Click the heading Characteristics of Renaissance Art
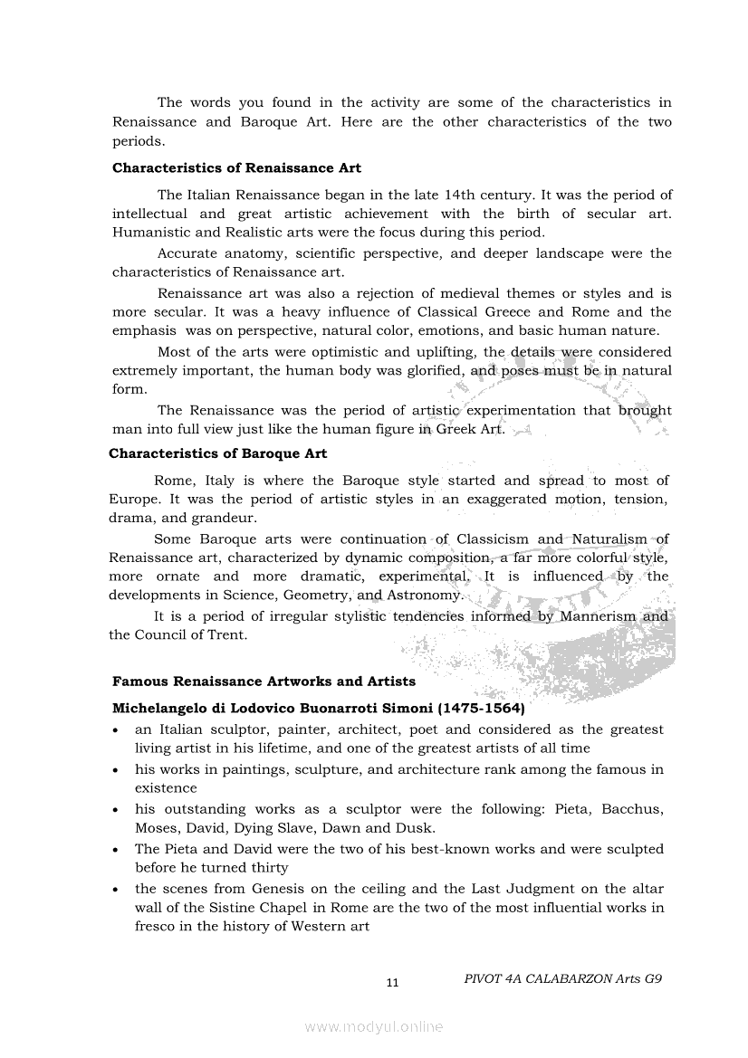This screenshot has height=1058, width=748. point(236,168)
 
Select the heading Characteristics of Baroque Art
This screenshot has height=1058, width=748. point(217,453)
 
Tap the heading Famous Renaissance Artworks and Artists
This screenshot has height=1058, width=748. point(264,682)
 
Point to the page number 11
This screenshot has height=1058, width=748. point(392,983)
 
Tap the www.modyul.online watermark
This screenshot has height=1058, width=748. point(374,1026)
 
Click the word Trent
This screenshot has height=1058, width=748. point(228,635)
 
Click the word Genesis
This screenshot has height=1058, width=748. point(283,889)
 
